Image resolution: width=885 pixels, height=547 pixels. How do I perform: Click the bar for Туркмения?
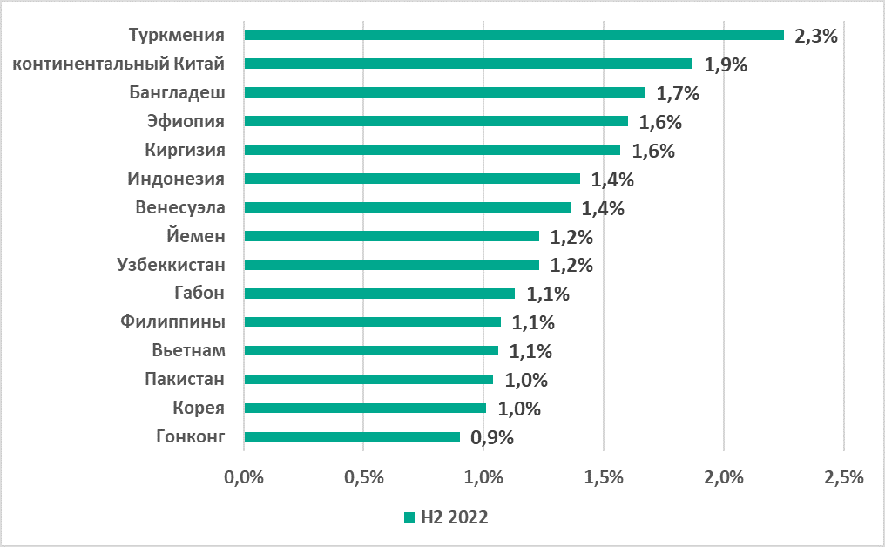click(514, 35)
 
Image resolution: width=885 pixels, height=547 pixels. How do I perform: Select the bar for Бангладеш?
click(444, 92)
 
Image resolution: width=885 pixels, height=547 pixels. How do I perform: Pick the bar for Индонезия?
click(412, 179)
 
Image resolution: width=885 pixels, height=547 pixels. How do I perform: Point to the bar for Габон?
click(379, 294)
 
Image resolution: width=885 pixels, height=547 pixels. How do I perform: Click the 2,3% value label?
click(816, 37)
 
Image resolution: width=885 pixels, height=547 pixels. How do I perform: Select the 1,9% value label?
click(726, 65)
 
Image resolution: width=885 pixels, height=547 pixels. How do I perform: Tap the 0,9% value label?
click(492, 438)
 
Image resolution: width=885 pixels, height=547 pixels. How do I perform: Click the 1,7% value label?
click(679, 94)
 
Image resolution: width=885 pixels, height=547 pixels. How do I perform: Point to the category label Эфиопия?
click(186, 121)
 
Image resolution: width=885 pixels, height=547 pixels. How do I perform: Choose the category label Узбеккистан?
click(171, 265)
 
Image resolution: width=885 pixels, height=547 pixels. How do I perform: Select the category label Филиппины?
click(173, 322)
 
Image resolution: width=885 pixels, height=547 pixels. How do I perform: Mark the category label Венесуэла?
click(180, 207)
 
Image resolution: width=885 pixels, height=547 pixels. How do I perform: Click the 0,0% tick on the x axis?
click(245, 477)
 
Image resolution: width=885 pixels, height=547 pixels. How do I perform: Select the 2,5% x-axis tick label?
click(843, 477)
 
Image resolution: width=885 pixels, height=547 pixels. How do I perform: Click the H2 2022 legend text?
click(454, 517)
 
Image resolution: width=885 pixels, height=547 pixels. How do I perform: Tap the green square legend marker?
click(409, 517)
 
